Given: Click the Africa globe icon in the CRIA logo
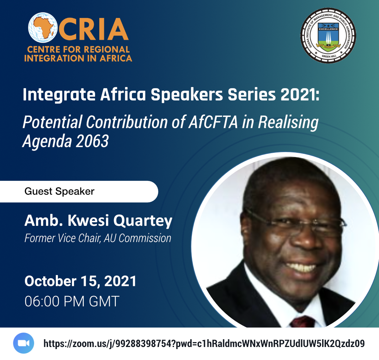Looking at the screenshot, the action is pyautogui.click(x=43, y=28).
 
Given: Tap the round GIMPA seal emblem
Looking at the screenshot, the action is pyautogui.click(x=328, y=35).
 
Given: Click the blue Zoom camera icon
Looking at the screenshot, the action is pyautogui.click(x=24, y=343).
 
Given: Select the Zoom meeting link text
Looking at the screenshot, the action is pyautogui.click(x=204, y=343).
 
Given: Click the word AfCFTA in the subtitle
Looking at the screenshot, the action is pyautogui.click(x=213, y=122).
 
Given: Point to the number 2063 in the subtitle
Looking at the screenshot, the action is pyautogui.click(x=92, y=141).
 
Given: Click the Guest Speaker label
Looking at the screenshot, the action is pyautogui.click(x=59, y=191).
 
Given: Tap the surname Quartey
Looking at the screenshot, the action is pyautogui.click(x=143, y=221).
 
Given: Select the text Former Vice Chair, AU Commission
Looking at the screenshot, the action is pyautogui.click(x=98, y=238).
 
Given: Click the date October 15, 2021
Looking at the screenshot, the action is pyautogui.click(x=80, y=281).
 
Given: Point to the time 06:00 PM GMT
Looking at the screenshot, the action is pyautogui.click(x=72, y=301).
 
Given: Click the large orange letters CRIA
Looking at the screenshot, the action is pyautogui.click(x=93, y=29).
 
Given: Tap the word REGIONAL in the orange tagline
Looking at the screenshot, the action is pyautogui.click(x=107, y=50).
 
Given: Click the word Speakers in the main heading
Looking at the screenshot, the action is pyautogui.click(x=187, y=94).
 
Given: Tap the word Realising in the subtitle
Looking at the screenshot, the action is pyautogui.click(x=288, y=123).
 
